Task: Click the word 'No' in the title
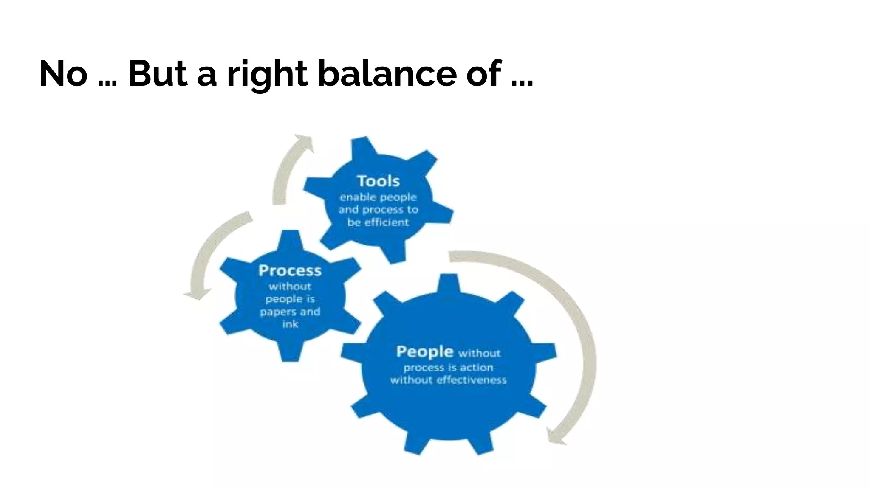63,74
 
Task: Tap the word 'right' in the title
267,75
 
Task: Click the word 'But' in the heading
158,74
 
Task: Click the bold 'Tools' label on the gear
378,181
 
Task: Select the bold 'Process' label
290,270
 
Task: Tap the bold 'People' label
425,352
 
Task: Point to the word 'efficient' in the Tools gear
387,222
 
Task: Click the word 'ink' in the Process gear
291,324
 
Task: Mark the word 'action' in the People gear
477,368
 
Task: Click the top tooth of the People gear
449,283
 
